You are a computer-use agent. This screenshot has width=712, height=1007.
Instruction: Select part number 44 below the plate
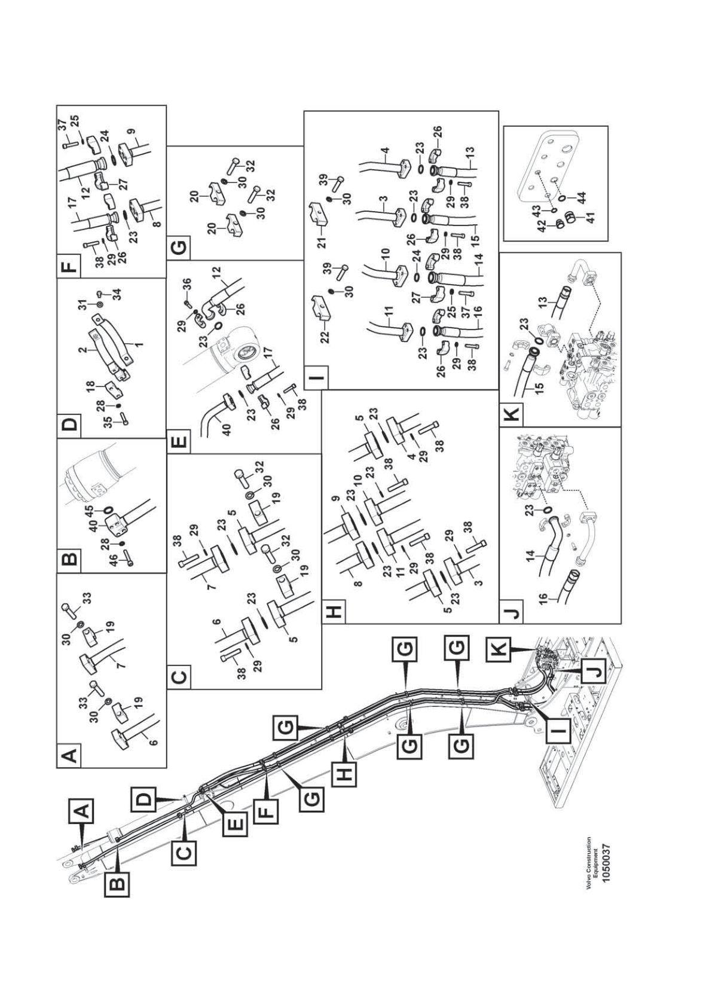click(x=582, y=197)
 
